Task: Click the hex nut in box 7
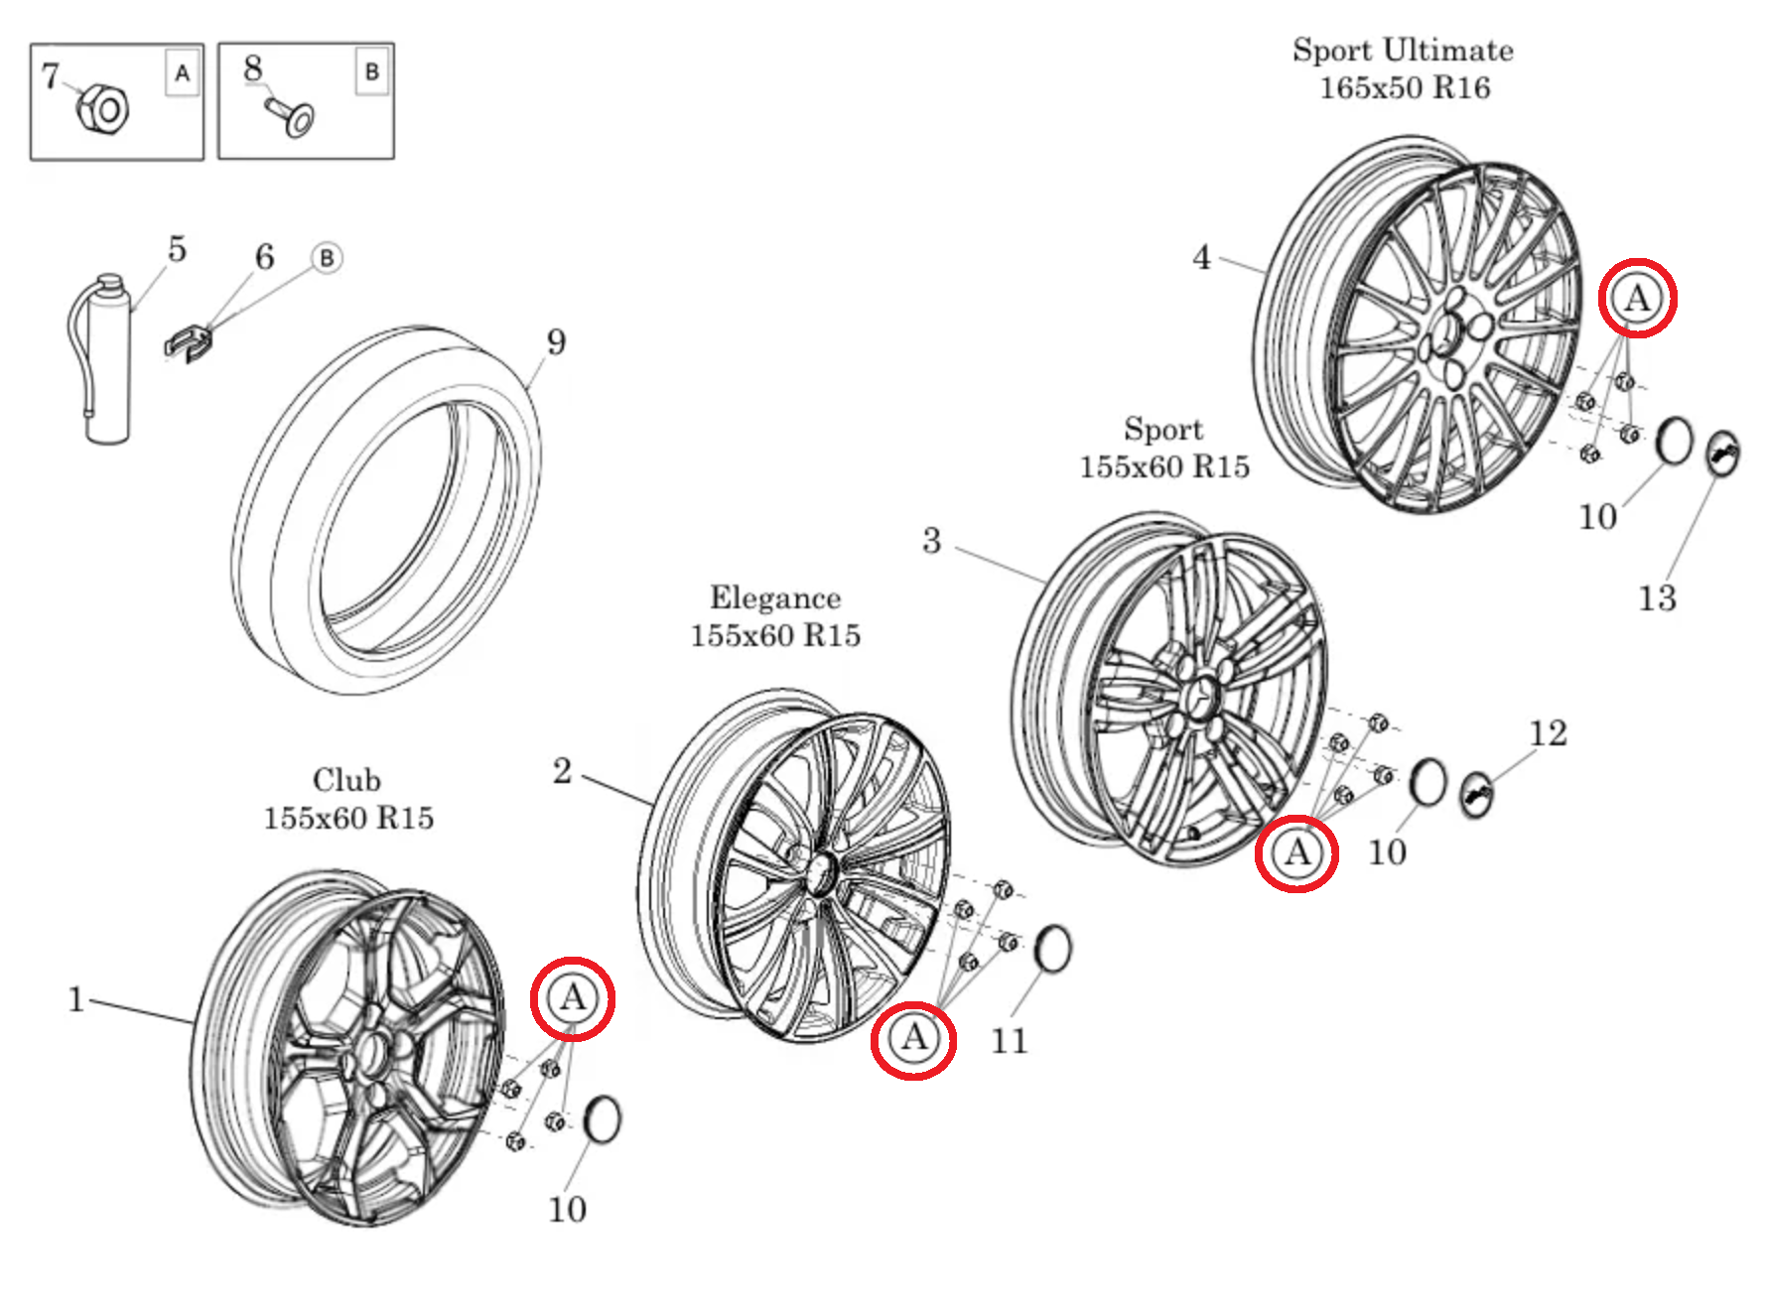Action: (103, 107)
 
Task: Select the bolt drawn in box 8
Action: (291, 115)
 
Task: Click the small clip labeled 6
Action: (188, 341)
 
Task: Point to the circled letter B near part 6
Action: (327, 258)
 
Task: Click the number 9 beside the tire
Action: (556, 341)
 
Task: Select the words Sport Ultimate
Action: (1402, 51)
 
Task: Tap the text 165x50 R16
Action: (1404, 88)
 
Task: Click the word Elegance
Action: (774, 598)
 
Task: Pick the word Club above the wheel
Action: (346, 780)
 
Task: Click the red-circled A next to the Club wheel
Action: (573, 998)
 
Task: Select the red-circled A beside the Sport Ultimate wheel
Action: (1637, 298)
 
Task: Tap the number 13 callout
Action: (1656, 598)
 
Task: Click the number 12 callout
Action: (1548, 733)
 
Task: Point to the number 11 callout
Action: (1009, 1041)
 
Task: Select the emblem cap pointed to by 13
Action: (1722, 454)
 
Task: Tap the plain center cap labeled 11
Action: (1053, 949)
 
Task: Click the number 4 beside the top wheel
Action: (1201, 258)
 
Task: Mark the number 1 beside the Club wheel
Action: (75, 999)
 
